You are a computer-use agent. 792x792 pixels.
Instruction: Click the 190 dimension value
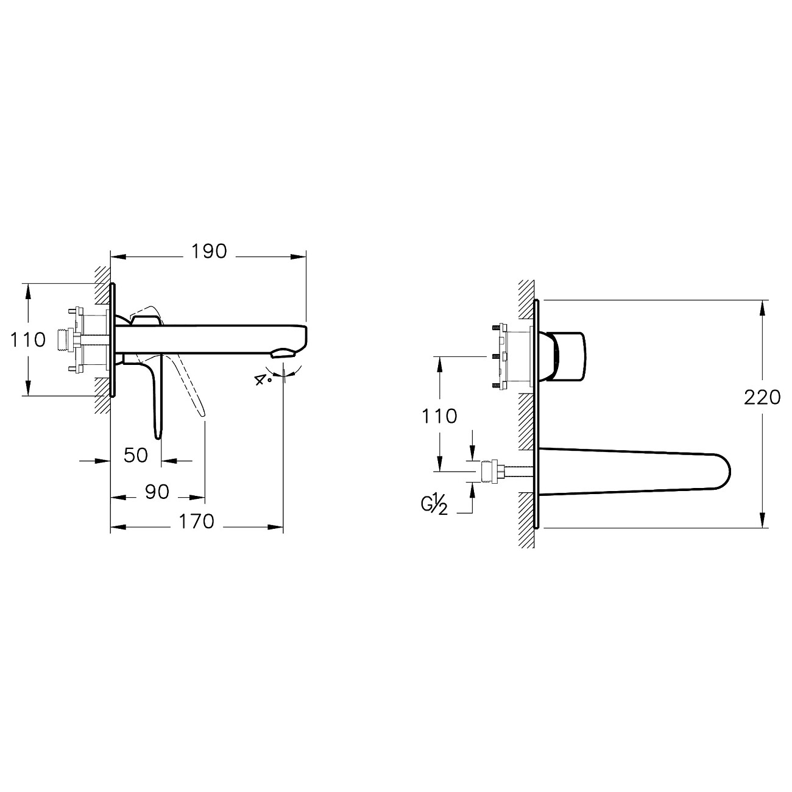coord(209,252)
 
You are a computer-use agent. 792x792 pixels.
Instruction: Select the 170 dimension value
coord(197,522)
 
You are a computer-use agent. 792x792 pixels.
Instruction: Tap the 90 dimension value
coord(157,492)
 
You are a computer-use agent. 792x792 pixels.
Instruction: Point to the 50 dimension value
coord(136,455)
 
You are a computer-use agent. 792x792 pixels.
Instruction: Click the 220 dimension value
coord(762,397)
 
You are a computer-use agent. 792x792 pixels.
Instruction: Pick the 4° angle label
coord(263,380)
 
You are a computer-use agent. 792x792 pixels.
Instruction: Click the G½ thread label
coord(434,504)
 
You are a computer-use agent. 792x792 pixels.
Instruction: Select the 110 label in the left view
coord(28,340)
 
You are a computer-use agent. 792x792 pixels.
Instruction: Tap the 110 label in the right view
coord(439,416)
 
